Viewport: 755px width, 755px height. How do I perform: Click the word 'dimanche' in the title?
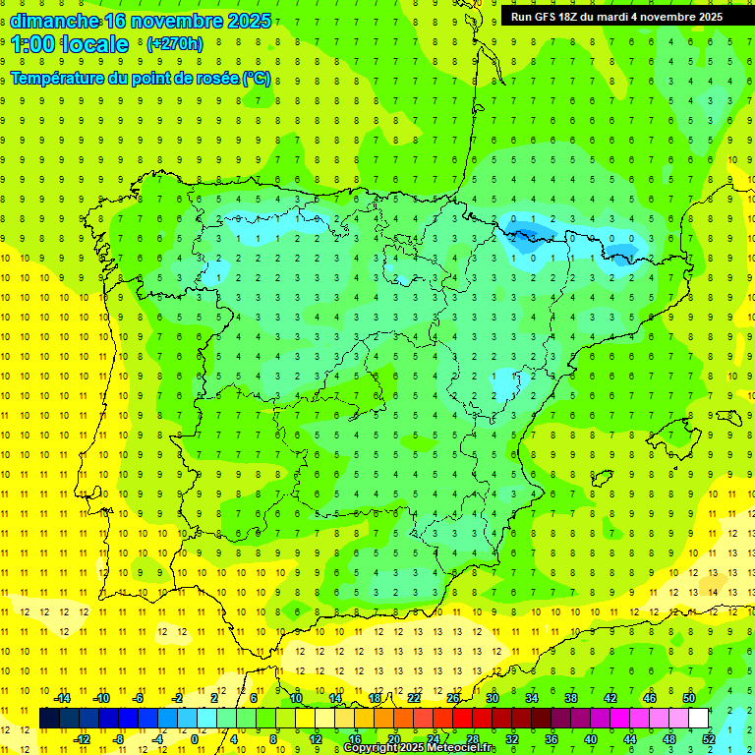point(53,21)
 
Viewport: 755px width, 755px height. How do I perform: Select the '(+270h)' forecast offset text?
point(174,44)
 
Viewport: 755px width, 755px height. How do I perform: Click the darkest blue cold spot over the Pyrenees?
point(518,231)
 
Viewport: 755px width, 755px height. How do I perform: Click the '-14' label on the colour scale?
point(62,698)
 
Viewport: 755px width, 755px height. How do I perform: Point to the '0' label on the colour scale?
point(195,739)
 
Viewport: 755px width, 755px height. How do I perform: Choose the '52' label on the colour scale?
point(708,739)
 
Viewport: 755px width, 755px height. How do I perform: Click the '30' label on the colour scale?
point(492,698)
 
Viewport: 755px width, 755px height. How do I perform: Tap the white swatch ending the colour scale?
point(699,719)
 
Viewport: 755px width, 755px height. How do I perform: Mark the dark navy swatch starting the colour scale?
point(49,719)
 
